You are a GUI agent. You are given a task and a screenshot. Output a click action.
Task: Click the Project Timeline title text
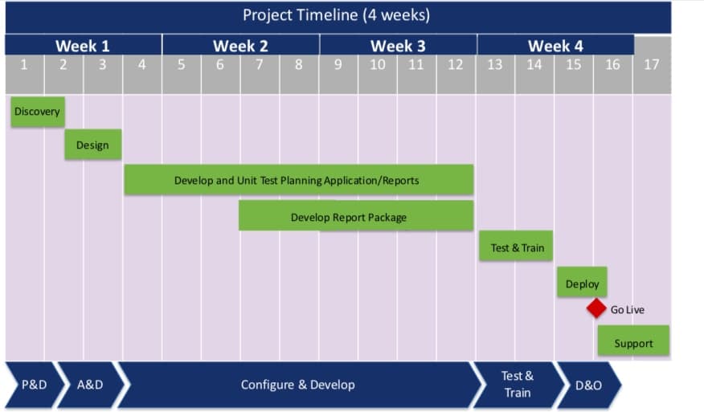pyautogui.click(x=336, y=15)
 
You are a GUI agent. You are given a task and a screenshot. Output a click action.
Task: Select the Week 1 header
pyautogui.click(x=83, y=46)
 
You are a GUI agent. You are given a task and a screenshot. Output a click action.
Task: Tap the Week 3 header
pyautogui.click(x=398, y=46)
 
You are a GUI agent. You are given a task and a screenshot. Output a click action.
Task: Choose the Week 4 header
pyautogui.click(x=555, y=46)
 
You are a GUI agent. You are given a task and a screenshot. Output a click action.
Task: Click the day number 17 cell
pyautogui.click(x=652, y=65)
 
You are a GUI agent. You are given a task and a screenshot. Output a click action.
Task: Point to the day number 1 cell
pyautogui.click(x=24, y=65)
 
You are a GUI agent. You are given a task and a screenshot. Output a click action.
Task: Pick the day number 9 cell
pyautogui.click(x=338, y=65)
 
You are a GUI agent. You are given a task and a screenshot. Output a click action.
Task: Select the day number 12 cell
pyautogui.click(x=456, y=65)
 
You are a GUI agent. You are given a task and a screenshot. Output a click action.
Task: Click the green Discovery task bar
pyautogui.click(x=37, y=112)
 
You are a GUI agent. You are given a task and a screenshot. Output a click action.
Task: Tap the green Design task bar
pyautogui.click(x=92, y=145)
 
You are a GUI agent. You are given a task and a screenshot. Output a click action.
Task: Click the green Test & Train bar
pyautogui.click(x=517, y=247)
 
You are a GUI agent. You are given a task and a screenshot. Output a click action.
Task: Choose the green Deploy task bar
pyautogui.click(x=582, y=284)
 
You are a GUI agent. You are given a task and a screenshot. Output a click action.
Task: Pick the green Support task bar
pyautogui.click(x=633, y=342)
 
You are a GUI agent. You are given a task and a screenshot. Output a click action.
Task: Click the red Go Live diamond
pyautogui.click(x=596, y=308)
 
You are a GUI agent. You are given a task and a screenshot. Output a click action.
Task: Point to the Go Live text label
pyautogui.click(x=628, y=309)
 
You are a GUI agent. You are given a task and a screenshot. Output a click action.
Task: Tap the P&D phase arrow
pyautogui.click(x=34, y=385)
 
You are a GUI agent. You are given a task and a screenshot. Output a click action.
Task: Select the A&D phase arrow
pyautogui.click(x=90, y=385)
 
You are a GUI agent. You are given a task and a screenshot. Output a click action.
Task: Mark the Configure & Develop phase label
pyautogui.click(x=297, y=385)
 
